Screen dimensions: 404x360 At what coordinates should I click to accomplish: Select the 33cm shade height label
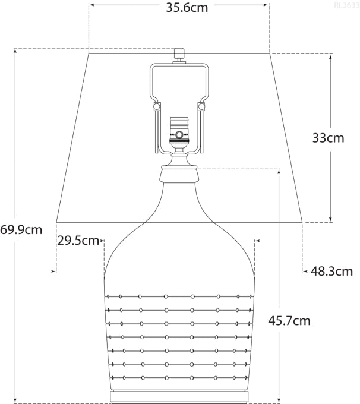click(328, 138)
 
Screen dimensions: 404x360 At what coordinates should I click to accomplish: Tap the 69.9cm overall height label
click(21, 229)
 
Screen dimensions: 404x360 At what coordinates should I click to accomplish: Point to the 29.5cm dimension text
click(78, 241)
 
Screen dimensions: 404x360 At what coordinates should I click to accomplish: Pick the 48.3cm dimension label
click(332, 272)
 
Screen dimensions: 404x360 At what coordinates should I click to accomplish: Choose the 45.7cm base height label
click(289, 321)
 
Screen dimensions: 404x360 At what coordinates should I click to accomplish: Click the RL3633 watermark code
click(346, 5)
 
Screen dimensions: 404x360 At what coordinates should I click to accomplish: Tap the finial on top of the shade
click(179, 53)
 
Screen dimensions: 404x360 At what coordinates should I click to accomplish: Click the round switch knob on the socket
click(179, 134)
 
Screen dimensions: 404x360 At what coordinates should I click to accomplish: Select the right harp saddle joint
click(201, 106)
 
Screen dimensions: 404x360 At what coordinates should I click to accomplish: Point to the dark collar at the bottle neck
click(179, 174)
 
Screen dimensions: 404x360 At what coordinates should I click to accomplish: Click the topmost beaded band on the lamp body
click(179, 295)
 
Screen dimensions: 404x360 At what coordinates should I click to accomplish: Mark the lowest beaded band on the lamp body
click(179, 378)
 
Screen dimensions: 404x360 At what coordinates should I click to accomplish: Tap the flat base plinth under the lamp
click(179, 396)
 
